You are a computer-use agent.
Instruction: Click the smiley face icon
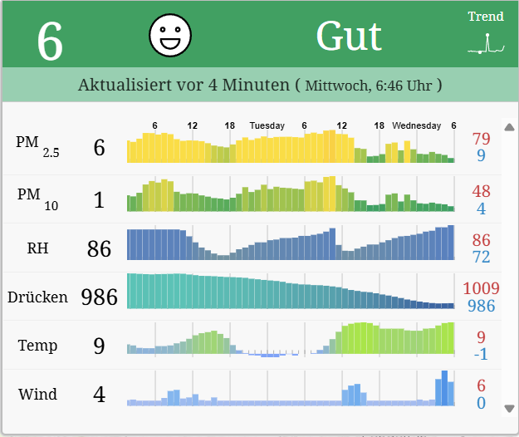(170, 35)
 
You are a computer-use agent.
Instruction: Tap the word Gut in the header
(349, 37)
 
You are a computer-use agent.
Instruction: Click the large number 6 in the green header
(50, 42)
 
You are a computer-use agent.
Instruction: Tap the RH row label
(37, 247)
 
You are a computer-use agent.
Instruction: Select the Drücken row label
(37, 297)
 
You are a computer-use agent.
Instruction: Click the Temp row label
(37, 345)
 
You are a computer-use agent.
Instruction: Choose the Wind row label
(37, 393)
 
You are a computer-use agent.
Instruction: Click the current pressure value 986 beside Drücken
(99, 297)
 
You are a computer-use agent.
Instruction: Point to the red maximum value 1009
(482, 288)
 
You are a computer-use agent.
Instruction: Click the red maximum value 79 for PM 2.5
(481, 139)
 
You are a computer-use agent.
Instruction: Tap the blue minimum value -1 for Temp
(481, 355)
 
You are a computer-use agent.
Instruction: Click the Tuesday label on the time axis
(267, 126)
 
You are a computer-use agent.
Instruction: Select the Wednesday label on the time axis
(417, 126)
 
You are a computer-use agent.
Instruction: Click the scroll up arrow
(509, 127)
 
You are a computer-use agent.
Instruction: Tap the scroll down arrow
(509, 408)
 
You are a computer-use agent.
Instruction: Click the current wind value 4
(99, 394)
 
